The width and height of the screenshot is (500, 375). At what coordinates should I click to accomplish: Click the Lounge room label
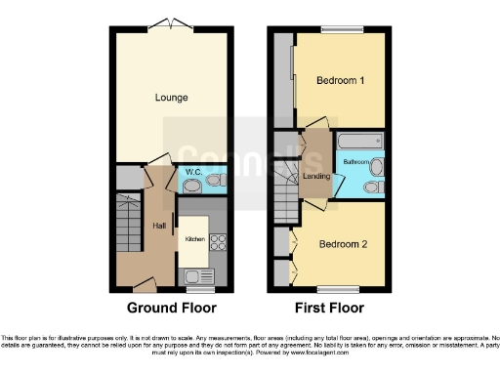pyautogui.click(x=171, y=98)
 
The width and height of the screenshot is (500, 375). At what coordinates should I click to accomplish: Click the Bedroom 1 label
pyautogui.click(x=340, y=82)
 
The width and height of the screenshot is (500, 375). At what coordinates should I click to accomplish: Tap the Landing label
pyautogui.click(x=316, y=176)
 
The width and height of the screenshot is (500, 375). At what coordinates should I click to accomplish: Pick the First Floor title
pyautogui.click(x=329, y=308)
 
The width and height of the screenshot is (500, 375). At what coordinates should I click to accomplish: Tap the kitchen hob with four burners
pyautogui.click(x=219, y=244)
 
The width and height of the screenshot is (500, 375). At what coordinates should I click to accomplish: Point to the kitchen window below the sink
pyautogui.click(x=201, y=290)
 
